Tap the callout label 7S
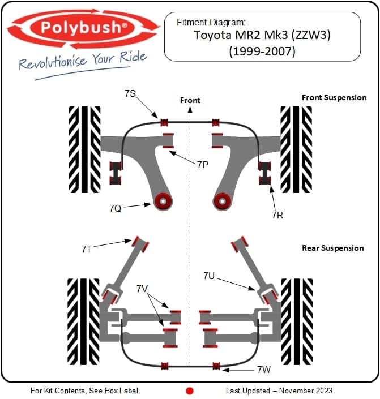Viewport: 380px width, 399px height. [x=130, y=93]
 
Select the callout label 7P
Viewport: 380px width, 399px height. [x=203, y=165]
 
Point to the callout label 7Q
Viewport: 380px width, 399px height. [x=115, y=208]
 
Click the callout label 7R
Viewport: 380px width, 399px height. [x=277, y=215]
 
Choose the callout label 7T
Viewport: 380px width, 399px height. [x=86, y=248]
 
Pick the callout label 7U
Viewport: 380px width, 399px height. [x=209, y=276]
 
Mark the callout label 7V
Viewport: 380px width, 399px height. [x=142, y=289]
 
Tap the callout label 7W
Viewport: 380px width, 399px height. [x=263, y=370]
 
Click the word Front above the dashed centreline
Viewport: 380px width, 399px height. [x=190, y=100]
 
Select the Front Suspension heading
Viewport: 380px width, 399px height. [x=334, y=97]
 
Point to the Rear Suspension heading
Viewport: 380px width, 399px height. [x=333, y=248]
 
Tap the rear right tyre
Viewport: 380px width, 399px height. [x=296, y=321]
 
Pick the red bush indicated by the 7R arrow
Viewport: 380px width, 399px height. [x=264, y=173]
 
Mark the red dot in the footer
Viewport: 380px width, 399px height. [x=190, y=391]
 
